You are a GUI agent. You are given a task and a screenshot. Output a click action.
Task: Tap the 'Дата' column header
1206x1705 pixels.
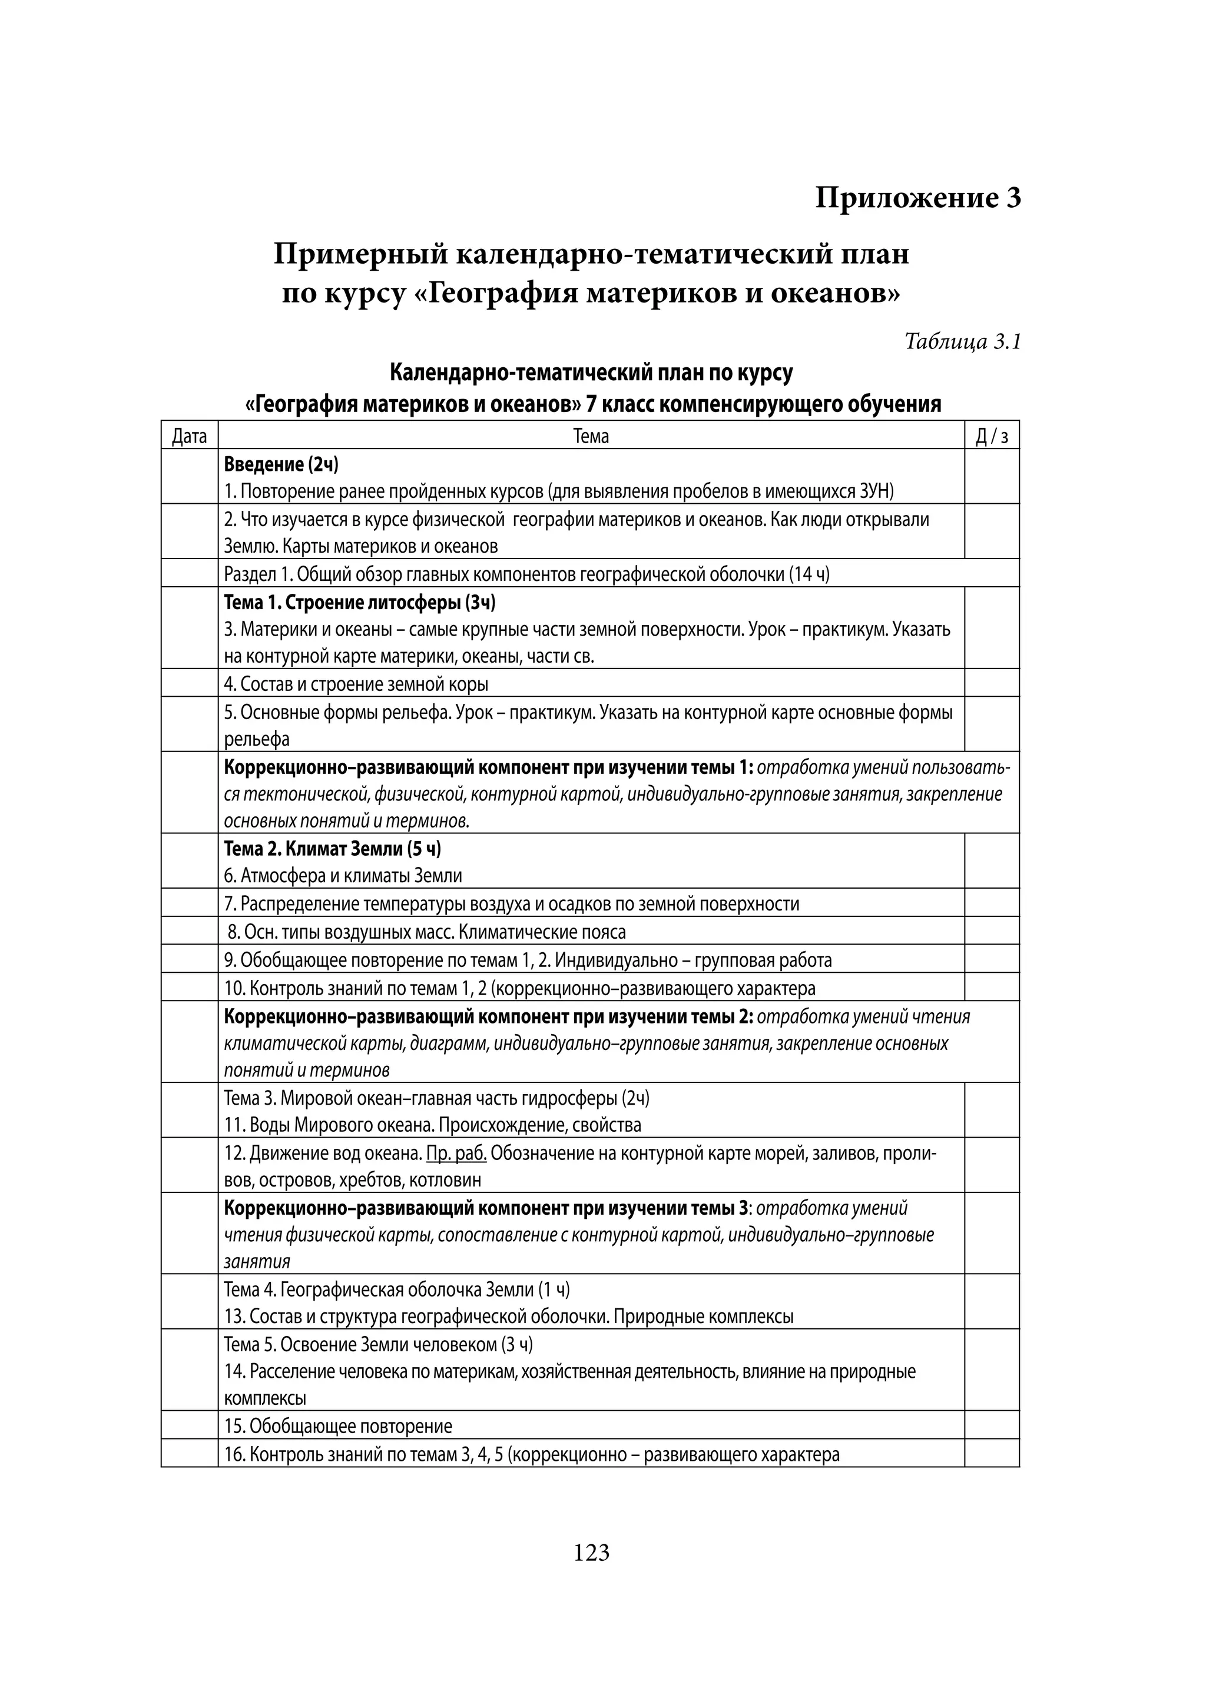click(x=190, y=436)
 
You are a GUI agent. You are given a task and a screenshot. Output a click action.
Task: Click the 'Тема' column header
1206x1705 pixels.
click(x=591, y=436)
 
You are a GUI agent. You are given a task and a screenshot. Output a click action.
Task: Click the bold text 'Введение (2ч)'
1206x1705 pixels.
click(x=281, y=465)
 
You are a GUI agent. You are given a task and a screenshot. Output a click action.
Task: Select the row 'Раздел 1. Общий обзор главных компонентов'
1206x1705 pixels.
click(x=526, y=574)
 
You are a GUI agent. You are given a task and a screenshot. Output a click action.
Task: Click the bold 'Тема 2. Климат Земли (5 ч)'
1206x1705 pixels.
click(x=332, y=848)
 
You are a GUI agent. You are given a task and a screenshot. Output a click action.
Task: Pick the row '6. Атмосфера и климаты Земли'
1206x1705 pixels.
click(x=343, y=876)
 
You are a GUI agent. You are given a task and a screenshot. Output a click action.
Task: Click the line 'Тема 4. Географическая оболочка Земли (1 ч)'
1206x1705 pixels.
click(x=397, y=1289)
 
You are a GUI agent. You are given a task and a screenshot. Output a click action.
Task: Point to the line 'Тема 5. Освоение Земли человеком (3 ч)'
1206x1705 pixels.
click(x=378, y=1344)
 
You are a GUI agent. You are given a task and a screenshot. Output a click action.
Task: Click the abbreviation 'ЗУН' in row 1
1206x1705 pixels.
click(x=876, y=491)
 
